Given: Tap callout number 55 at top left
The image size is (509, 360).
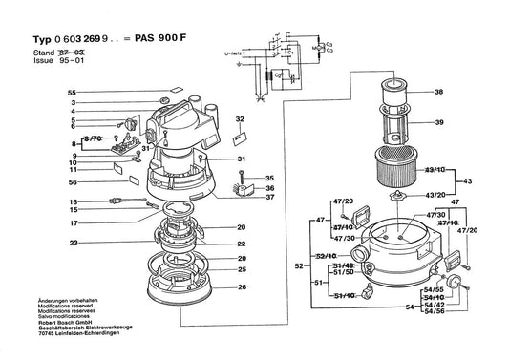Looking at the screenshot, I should [x=72, y=92].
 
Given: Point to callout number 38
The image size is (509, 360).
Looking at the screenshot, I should [x=439, y=93].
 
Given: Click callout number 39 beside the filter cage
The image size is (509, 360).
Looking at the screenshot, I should [x=439, y=124].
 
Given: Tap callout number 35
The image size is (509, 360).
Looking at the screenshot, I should [x=270, y=178].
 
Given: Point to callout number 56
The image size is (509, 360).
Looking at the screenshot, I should [x=72, y=181].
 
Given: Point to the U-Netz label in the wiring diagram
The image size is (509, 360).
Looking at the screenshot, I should [x=232, y=56].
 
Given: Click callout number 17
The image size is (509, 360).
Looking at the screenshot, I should [x=72, y=222].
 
